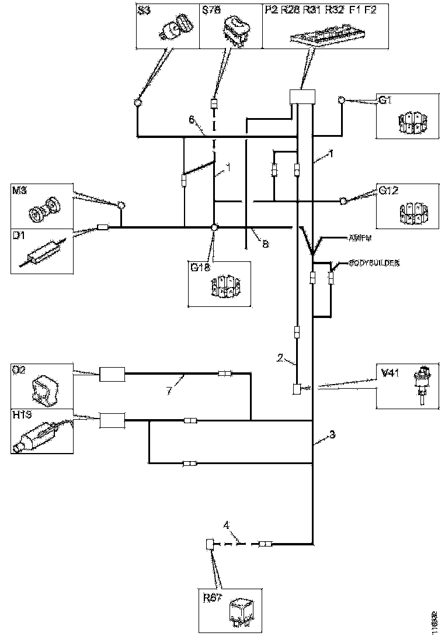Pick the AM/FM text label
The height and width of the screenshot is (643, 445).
(360, 238)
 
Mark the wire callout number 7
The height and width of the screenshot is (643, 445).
(168, 390)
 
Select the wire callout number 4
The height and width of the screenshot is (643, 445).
(234, 533)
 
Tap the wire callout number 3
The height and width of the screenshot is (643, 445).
(332, 435)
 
